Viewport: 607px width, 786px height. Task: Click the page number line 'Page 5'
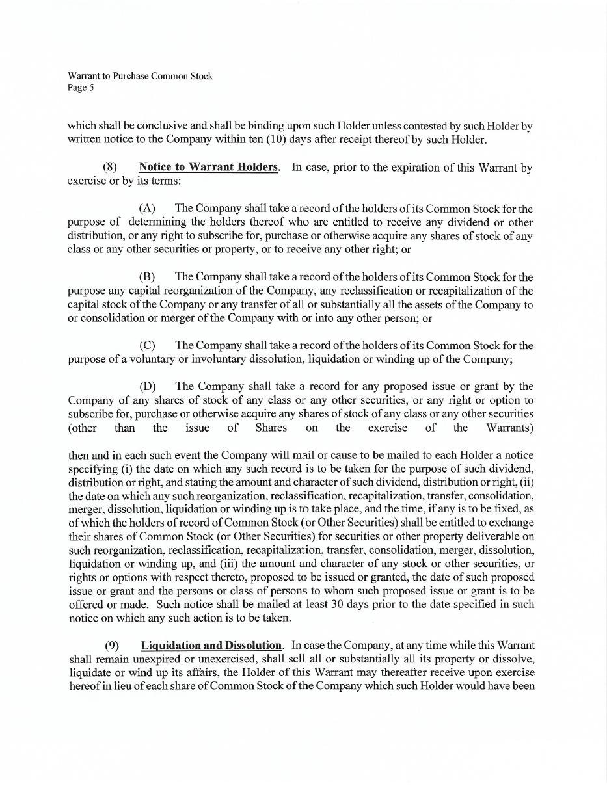tap(81, 88)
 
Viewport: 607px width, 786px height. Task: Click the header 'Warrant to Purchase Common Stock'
tap(140, 76)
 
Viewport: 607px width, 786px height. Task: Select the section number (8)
tap(110, 167)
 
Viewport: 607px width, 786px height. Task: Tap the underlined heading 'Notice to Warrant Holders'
tap(208, 167)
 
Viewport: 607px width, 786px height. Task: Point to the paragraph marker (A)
tap(147, 209)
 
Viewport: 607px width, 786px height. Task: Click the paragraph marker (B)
tap(147, 277)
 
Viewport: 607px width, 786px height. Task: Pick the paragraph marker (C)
tap(147, 345)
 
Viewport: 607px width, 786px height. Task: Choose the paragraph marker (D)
tap(147, 386)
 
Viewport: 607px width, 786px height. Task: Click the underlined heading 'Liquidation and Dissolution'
tap(211, 646)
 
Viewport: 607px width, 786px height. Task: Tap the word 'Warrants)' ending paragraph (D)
tap(509, 428)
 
